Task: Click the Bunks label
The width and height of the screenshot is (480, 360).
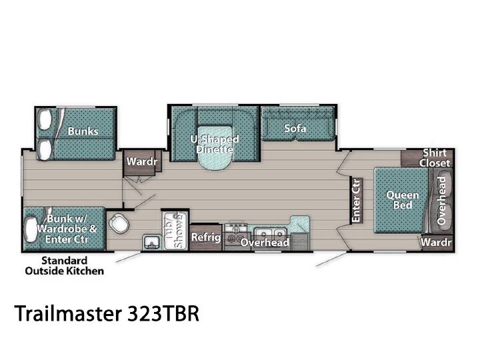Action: click(83, 131)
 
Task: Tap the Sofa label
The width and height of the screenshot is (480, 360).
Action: click(295, 128)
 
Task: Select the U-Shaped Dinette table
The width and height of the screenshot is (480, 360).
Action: click(215, 146)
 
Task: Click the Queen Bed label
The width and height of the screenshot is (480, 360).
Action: click(403, 200)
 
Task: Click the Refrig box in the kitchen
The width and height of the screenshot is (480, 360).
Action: click(206, 237)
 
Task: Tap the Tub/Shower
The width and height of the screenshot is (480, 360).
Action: click(175, 230)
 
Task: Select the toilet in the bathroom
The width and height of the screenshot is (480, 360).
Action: click(118, 223)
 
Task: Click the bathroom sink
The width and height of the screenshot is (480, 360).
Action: click(151, 243)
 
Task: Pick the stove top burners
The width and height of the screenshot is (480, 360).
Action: click(236, 233)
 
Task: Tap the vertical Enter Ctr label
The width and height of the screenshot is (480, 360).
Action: click(356, 201)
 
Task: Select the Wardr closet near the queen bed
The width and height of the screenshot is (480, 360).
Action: click(436, 243)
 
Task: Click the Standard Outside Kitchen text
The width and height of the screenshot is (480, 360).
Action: click(64, 266)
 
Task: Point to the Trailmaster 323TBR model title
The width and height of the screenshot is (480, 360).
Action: click(107, 313)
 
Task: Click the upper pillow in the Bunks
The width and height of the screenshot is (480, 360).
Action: click(45, 120)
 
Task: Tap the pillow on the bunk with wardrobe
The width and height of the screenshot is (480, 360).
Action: click(31, 229)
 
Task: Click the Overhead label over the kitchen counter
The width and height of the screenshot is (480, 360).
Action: click(265, 242)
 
